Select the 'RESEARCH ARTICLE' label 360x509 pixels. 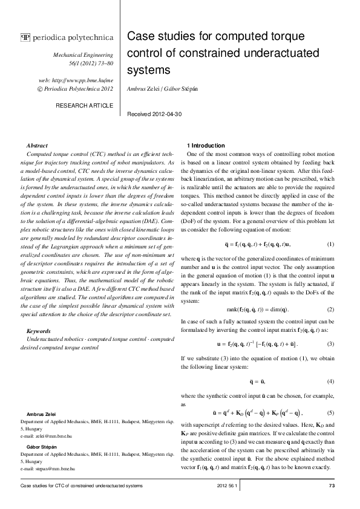(93, 105)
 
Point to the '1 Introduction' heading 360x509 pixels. (206, 146)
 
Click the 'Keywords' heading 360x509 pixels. (39, 331)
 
